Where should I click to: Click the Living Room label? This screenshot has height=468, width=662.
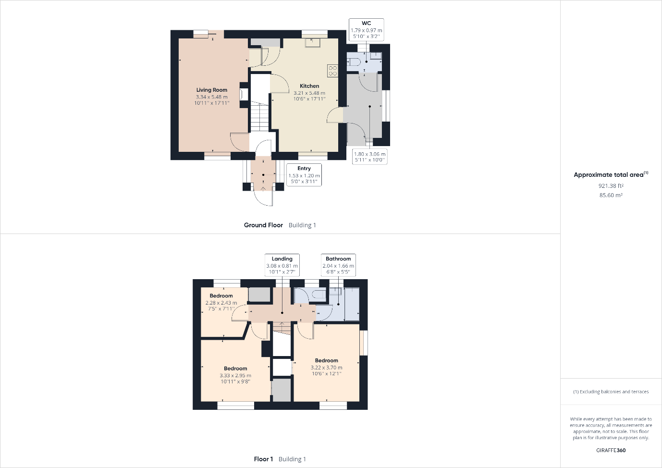(211, 90)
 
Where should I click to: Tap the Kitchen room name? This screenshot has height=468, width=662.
(309, 86)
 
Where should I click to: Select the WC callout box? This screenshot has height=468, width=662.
(367, 30)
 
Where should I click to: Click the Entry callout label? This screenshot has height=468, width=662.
(304, 168)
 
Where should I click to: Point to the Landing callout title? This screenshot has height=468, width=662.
(282, 259)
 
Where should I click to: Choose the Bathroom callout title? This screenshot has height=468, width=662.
(338, 259)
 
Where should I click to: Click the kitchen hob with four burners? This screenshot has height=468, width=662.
(332, 71)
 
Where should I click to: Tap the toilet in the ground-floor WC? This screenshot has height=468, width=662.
(354, 62)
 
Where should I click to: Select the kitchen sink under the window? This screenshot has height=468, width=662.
(313, 43)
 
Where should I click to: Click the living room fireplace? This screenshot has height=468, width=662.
(244, 95)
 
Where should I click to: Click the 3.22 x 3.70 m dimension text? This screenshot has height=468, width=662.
(327, 368)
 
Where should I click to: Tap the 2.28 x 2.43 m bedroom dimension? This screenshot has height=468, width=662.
(221, 303)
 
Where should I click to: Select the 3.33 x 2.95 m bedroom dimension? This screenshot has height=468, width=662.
(235, 375)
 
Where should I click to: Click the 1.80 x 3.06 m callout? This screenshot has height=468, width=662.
(370, 157)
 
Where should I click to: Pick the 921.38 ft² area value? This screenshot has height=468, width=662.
(611, 185)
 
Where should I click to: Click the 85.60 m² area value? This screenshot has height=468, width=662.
(611, 195)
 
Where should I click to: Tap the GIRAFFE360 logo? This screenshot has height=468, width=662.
(611, 450)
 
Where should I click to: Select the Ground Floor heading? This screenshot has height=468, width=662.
(263, 225)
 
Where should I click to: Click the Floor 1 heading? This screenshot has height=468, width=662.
(263, 459)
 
